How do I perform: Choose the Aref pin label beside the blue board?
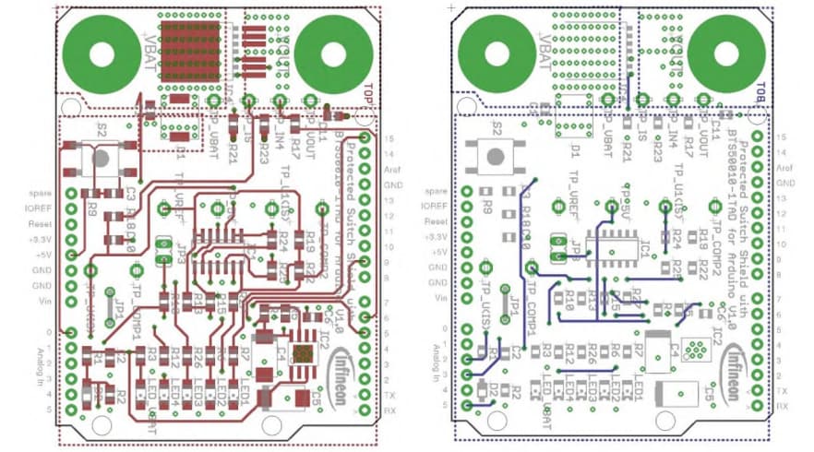click(785, 169)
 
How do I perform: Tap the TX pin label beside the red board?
click(389, 391)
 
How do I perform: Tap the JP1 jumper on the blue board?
click(505, 302)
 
